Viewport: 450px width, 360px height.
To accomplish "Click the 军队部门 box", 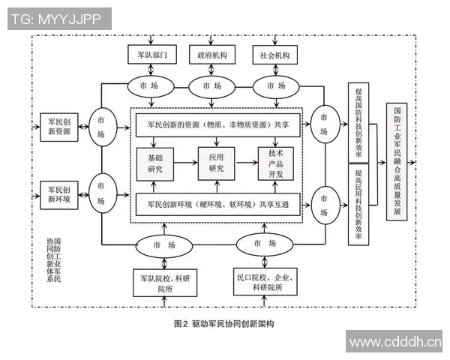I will click(152, 55).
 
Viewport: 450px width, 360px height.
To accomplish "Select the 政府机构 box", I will click(212, 55).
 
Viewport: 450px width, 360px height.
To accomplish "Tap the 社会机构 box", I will click(274, 55).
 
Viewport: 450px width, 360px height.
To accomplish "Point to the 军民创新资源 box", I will click(59, 126).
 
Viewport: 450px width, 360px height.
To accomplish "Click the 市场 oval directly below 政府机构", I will click(212, 86).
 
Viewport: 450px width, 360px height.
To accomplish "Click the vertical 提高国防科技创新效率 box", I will click(358, 124).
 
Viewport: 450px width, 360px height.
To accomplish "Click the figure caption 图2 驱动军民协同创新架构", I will click(224, 324).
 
